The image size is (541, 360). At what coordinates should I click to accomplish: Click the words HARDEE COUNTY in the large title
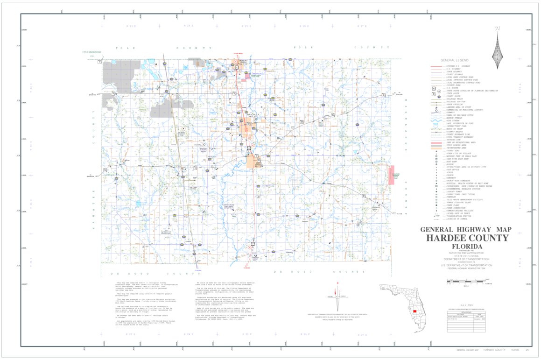point(467,238)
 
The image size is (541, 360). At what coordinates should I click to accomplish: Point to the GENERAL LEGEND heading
point(455,60)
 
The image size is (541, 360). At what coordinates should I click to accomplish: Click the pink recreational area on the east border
point(391,175)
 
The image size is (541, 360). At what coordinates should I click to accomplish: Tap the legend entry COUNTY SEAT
point(453,151)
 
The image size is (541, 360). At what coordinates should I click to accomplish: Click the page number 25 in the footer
point(527,349)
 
